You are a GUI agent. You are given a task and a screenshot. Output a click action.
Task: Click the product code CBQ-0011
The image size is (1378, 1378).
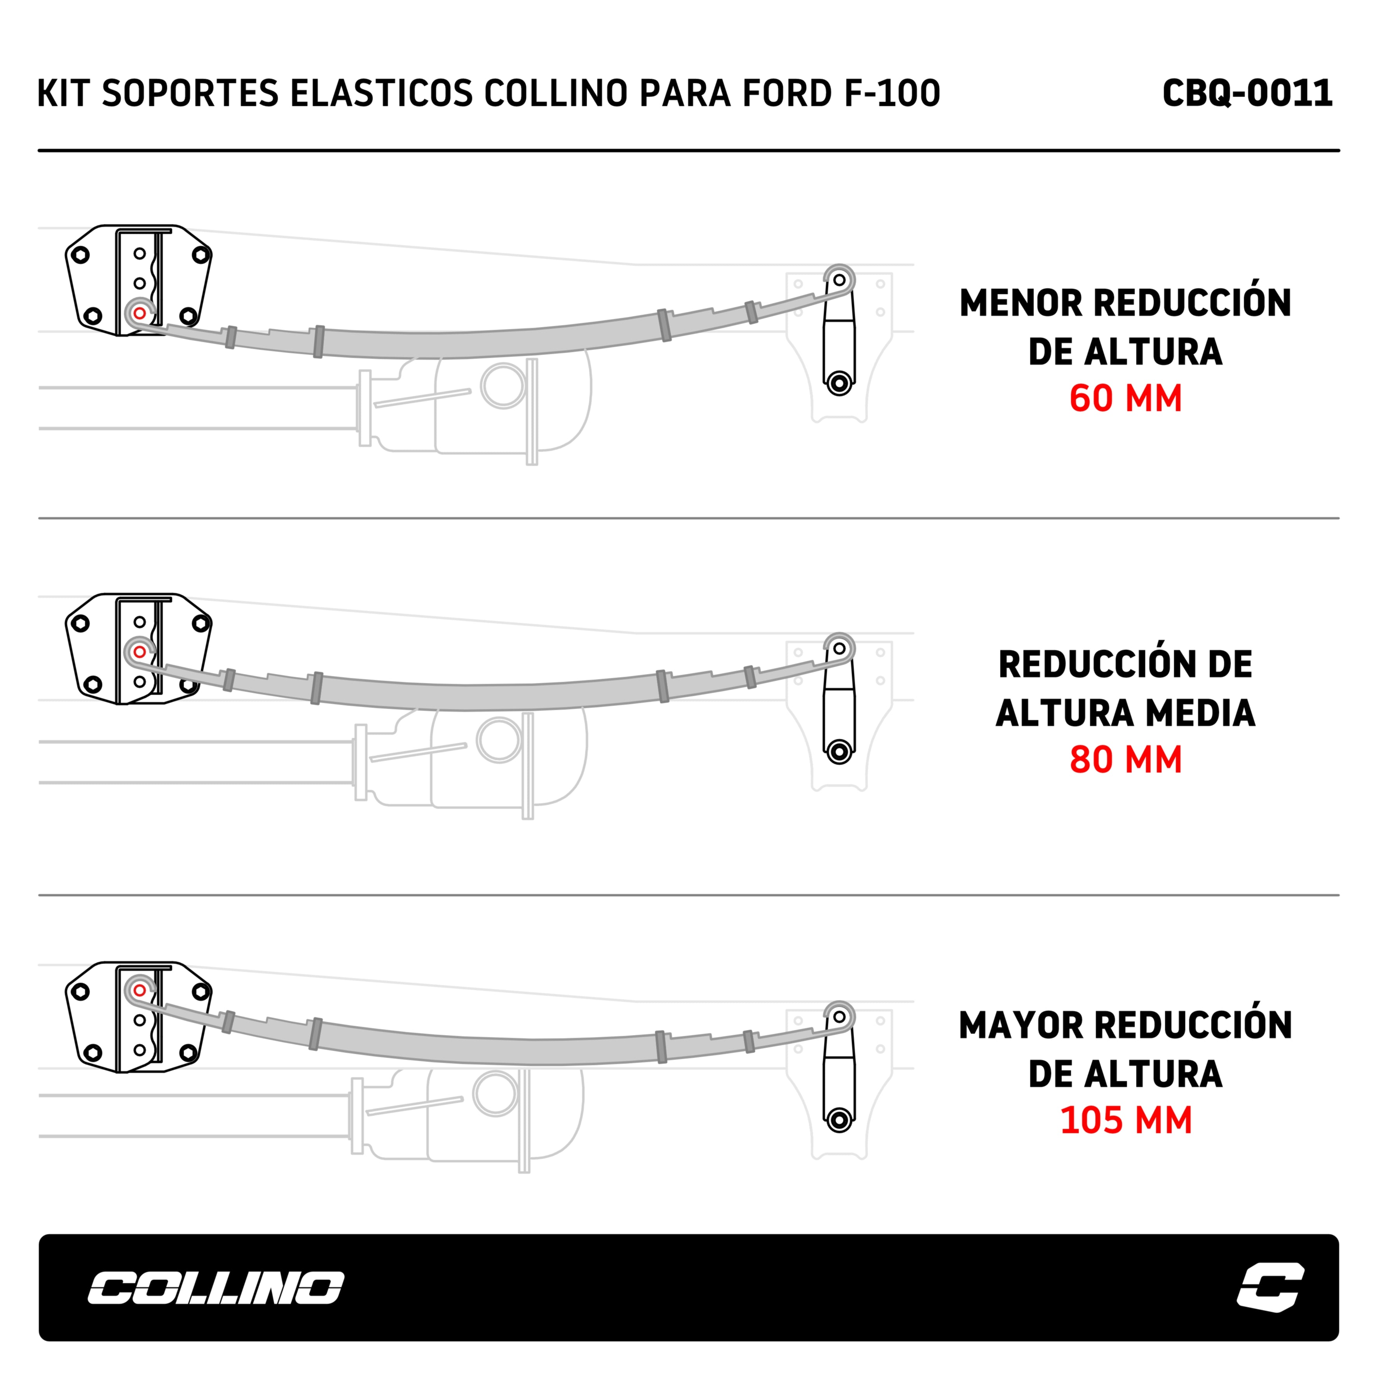click(x=1247, y=93)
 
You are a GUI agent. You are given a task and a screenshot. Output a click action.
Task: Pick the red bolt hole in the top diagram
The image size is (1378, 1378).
click(x=140, y=313)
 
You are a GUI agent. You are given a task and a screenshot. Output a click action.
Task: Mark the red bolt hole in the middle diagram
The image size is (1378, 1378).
click(x=140, y=652)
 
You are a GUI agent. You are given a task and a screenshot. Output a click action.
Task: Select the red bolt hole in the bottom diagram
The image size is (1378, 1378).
click(x=140, y=991)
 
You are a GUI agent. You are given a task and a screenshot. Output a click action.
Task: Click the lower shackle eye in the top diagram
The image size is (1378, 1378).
click(x=839, y=383)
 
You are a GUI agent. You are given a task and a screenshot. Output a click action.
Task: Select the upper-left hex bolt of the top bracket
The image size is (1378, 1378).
click(x=80, y=255)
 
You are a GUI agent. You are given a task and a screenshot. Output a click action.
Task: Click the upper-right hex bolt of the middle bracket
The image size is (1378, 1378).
click(x=201, y=623)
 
